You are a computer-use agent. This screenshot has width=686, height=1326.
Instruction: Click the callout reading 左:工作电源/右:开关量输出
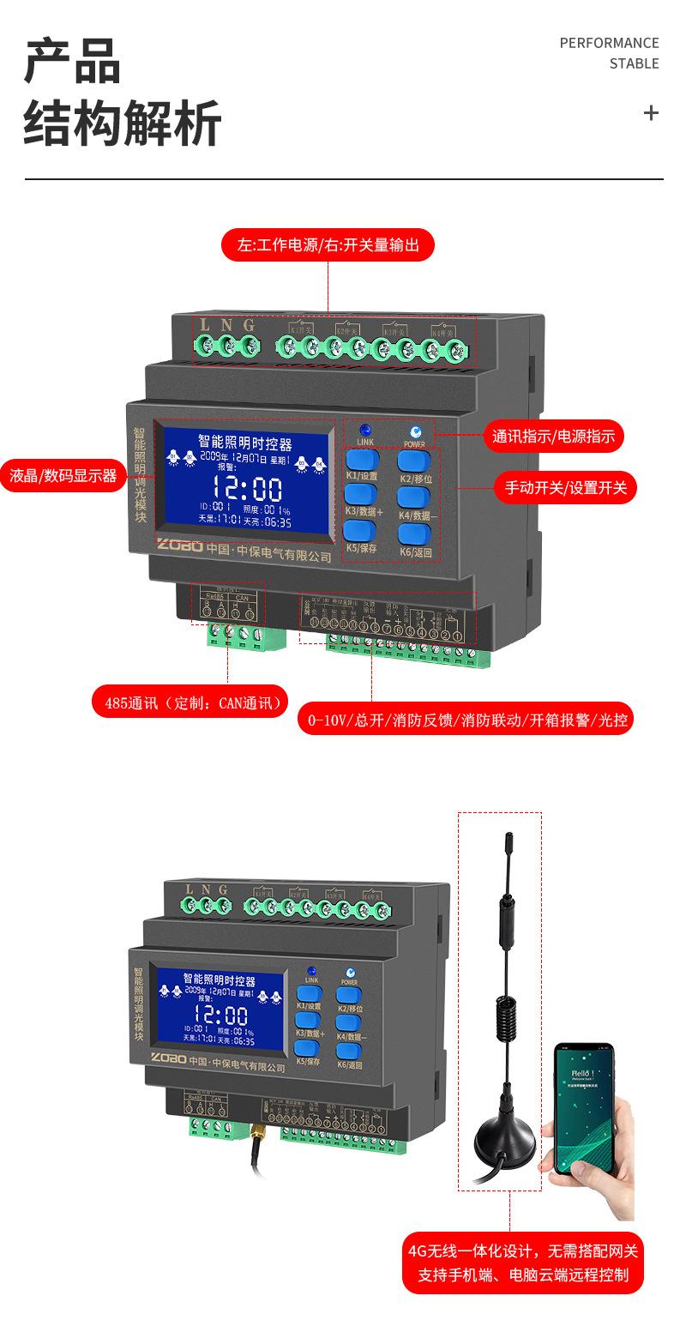pyautogui.click(x=328, y=245)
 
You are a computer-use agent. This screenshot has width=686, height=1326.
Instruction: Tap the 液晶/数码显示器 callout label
pyautogui.click(x=63, y=475)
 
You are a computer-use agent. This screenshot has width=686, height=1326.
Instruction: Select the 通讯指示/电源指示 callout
pyautogui.click(x=553, y=436)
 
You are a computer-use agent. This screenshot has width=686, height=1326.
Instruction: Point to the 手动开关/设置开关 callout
pyautogui.click(x=566, y=488)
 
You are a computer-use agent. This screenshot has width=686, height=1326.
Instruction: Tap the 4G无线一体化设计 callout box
pyautogui.click(x=523, y=1263)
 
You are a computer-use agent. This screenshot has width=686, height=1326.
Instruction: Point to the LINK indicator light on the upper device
pyautogui.click(x=365, y=430)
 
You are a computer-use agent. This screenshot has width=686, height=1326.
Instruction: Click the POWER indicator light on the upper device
pyautogui.click(x=415, y=431)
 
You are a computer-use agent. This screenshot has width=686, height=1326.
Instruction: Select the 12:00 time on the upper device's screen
pyautogui.click(x=247, y=489)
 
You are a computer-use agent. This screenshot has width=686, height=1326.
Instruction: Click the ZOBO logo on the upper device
pyautogui.click(x=179, y=545)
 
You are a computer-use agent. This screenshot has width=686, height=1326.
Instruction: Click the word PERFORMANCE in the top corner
pyautogui.click(x=609, y=43)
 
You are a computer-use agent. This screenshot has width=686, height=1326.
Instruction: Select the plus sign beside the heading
pyautogui.click(x=651, y=112)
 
